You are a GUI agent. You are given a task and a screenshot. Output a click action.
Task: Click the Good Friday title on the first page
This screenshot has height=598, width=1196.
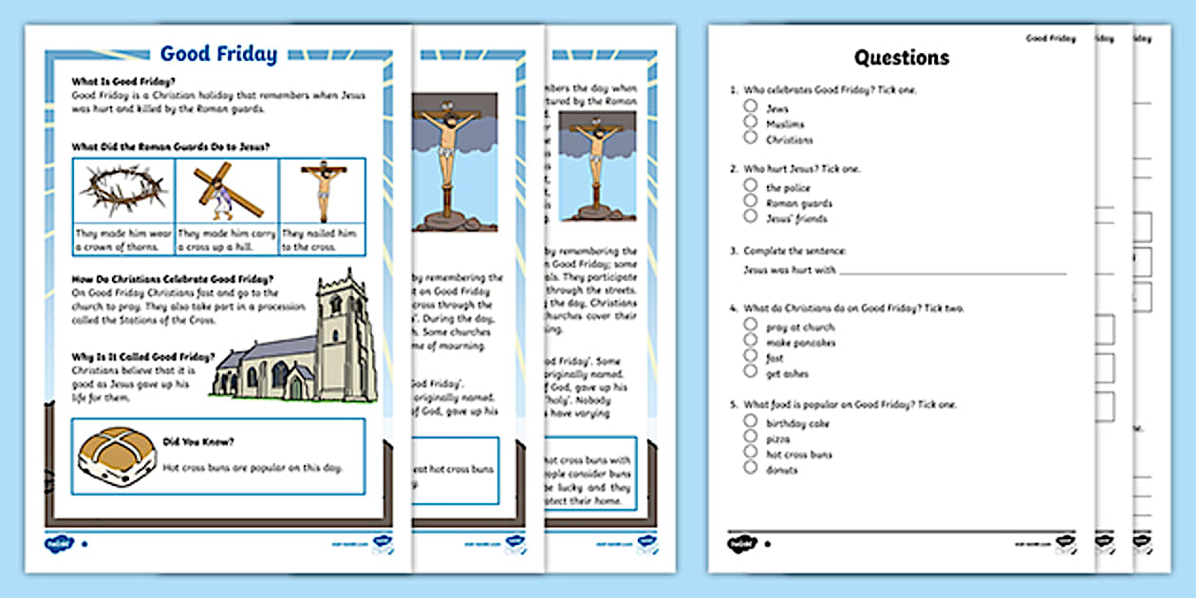coord(218,54)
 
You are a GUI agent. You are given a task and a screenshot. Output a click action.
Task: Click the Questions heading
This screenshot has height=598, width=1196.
coord(901,57)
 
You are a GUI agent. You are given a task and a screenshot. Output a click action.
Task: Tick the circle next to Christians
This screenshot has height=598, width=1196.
coord(751,139)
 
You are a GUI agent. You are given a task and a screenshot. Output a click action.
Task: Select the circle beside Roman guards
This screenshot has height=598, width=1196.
coord(751,202)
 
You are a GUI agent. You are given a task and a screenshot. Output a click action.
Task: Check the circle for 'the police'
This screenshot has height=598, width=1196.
coord(751,187)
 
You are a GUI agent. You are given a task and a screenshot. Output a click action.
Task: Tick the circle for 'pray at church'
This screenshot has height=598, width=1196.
coord(751,327)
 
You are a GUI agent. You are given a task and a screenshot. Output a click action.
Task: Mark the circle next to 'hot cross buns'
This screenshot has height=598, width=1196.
coord(751,454)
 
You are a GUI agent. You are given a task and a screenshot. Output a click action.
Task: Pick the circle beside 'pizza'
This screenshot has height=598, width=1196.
coord(751,439)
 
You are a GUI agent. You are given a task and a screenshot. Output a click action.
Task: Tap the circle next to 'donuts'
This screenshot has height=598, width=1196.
coord(751,469)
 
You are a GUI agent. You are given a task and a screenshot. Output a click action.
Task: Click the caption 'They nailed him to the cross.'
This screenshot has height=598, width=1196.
coord(322,238)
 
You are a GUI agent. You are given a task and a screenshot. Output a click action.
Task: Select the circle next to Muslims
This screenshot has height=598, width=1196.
coord(751,123)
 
